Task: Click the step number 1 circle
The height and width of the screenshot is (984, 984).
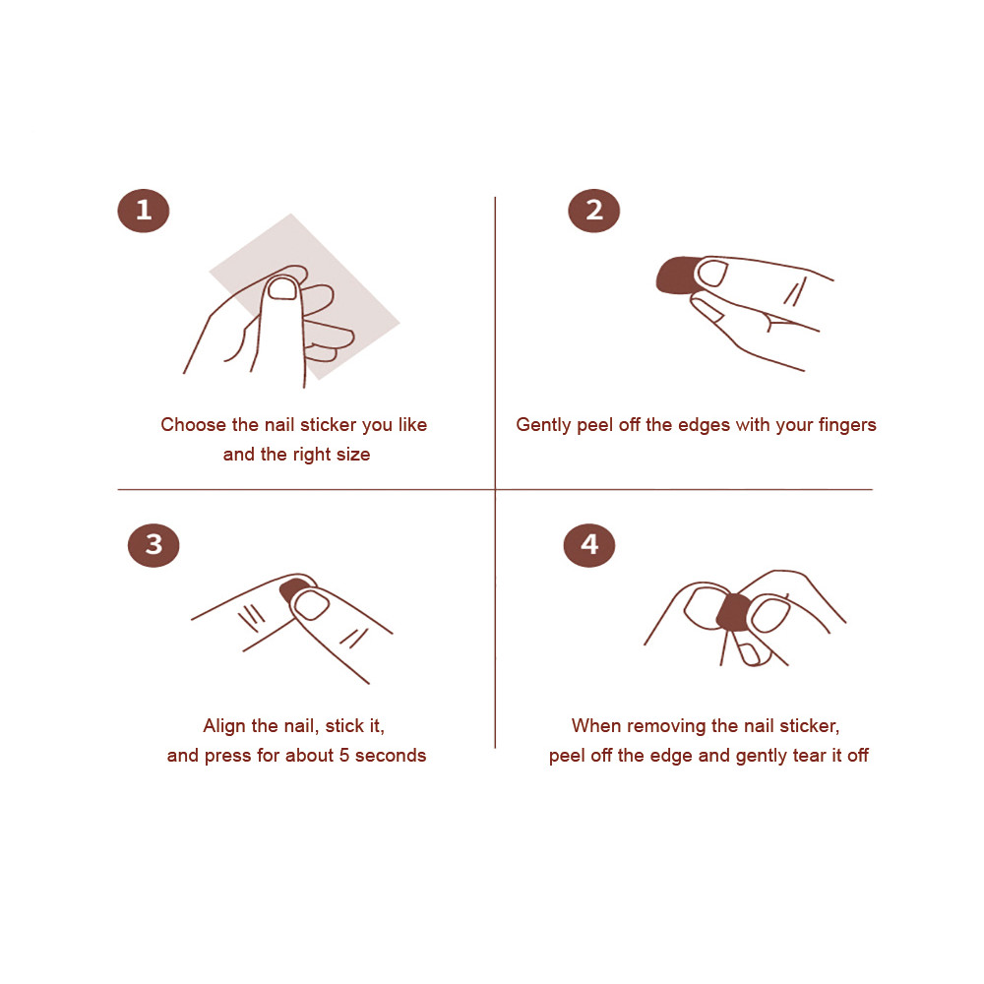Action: click(144, 211)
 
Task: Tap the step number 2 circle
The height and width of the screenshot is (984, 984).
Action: click(593, 211)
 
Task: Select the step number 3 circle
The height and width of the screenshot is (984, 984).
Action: click(154, 545)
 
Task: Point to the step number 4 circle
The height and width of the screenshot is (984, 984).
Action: click(589, 545)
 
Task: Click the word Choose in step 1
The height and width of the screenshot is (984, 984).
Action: click(193, 425)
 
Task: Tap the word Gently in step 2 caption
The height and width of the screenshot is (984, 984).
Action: click(543, 425)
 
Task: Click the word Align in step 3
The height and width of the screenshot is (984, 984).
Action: click(224, 727)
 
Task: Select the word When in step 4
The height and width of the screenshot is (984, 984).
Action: click(596, 726)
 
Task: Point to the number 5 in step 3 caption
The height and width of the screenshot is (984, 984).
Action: click(343, 756)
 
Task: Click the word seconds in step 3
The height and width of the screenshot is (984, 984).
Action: click(391, 756)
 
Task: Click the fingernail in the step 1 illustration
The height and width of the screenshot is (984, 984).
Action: click(282, 288)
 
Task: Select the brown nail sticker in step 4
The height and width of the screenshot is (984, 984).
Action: click(733, 612)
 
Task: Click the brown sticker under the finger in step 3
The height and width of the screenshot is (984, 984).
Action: click(292, 589)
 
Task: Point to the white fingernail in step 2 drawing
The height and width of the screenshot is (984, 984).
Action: click(712, 275)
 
